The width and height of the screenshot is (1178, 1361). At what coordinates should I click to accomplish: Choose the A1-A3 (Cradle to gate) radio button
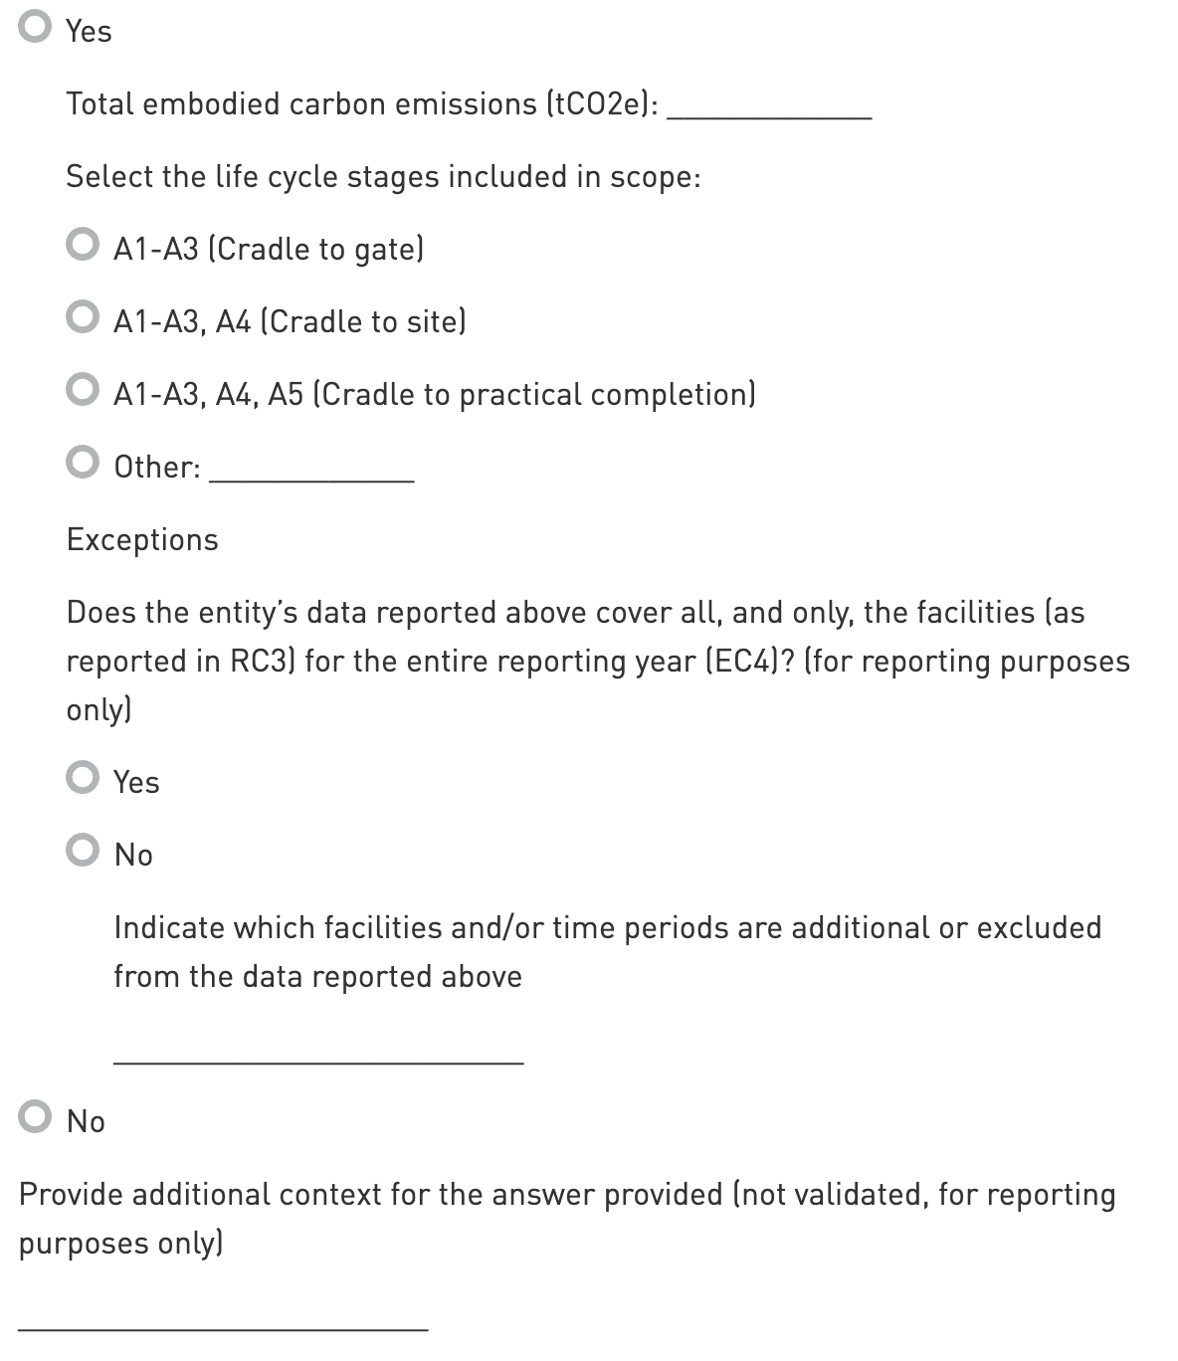(83, 245)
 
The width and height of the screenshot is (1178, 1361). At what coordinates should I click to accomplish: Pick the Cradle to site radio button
(83, 317)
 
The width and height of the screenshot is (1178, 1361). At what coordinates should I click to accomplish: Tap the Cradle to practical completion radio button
(83, 390)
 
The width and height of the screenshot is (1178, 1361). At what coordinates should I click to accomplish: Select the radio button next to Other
(83, 463)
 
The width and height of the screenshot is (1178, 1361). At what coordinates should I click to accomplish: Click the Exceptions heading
(142, 539)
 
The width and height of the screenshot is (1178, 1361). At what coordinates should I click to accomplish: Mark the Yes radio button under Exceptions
(83, 778)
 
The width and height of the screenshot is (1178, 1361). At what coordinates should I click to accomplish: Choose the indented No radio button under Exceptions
(83, 851)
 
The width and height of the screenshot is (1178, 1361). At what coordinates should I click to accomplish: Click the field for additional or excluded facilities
(318, 1050)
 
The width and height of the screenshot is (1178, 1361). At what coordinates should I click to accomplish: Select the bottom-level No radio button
(35, 1117)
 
